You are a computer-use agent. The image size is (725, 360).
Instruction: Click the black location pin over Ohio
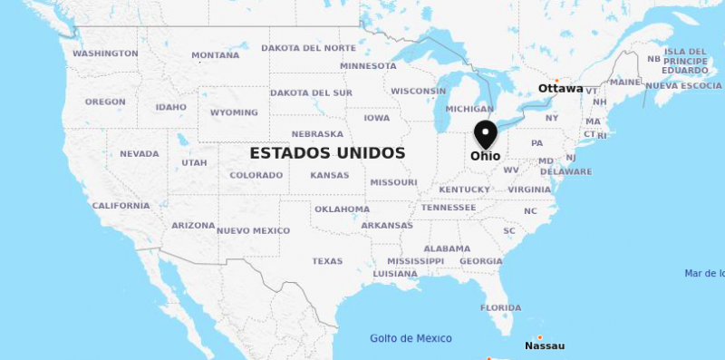(x=486, y=134)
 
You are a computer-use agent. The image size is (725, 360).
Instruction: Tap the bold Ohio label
(x=485, y=156)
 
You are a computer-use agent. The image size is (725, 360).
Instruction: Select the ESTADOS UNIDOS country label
(x=327, y=153)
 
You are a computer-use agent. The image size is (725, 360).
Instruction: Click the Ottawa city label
(x=560, y=89)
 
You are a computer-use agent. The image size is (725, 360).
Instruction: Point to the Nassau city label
(x=545, y=345)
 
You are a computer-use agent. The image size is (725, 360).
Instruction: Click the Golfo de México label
(x=411, y=338)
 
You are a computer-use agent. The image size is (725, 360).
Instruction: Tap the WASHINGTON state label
(x=105, y=54)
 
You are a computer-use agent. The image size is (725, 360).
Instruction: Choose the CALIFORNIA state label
(x=121, y=206)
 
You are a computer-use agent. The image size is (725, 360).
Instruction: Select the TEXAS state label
(x=327, y=261)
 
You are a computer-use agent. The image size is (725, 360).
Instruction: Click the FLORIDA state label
(x=500, y=308)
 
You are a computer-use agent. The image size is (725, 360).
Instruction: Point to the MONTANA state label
(x=216, y=55)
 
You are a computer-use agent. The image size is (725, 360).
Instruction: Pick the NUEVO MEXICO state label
(x=254, y=231)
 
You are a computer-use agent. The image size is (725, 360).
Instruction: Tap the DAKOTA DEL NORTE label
(x=308, y=48)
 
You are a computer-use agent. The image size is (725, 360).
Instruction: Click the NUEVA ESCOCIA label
(x=683, y=86)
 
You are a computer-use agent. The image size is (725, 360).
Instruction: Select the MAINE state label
(x=625, y=83)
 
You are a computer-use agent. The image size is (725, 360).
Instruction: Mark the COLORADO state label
(x=256, y=176)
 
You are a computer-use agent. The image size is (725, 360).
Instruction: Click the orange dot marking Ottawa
(x=556, y=80)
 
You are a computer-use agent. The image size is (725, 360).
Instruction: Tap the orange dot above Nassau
(x=539, y=337)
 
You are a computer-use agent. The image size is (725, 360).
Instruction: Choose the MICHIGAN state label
(x=469, y=109)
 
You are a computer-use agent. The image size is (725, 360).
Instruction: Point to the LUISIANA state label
(x=395, y=274)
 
